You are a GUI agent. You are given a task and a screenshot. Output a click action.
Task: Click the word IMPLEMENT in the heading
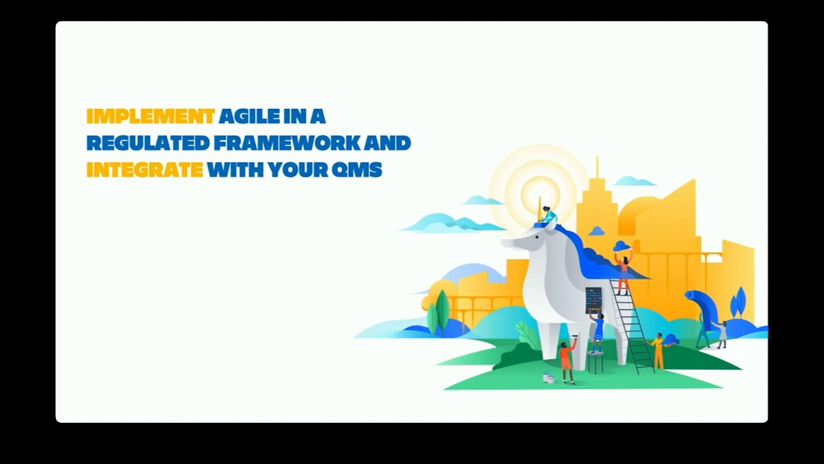point(150,117)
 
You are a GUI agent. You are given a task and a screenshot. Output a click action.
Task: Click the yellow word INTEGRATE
point(145,170)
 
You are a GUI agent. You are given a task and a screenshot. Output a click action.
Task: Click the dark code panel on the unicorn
point(594,300)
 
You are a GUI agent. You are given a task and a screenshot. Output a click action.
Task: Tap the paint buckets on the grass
point(548,378)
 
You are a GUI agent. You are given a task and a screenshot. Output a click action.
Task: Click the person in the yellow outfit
point(658,351)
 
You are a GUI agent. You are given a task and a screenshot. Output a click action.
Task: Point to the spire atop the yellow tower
point(597,169)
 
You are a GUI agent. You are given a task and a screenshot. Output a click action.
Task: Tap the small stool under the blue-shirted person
point(596,362)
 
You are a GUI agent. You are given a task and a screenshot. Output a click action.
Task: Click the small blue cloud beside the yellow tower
point(597,231)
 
